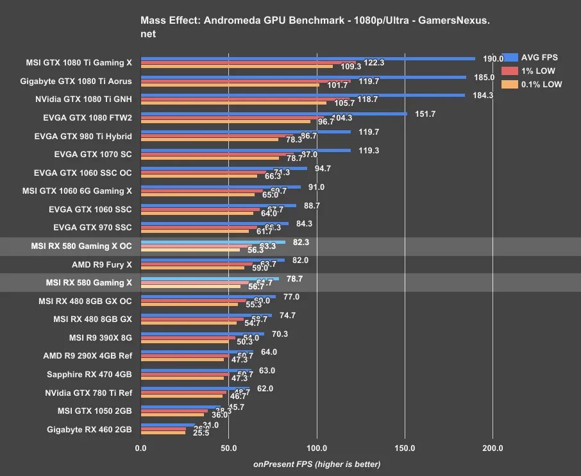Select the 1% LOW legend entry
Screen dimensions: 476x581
click(537, 71)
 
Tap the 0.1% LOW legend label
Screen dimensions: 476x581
click(543, 84)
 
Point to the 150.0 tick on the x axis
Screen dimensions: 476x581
click(405, 448)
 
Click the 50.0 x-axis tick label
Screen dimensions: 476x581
click(229, 448)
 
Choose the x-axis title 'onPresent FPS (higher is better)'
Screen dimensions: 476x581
click(317, 464)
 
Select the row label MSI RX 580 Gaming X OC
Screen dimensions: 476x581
click(81, 246)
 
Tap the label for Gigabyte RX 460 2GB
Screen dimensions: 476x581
click(89, 430)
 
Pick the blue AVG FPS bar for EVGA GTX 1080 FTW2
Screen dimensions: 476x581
click(274, 114)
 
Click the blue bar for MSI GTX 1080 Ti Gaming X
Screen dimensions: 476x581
click(308, 58)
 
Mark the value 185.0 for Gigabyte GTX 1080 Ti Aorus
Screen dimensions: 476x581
click(484, 77)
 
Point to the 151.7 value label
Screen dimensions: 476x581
click(425, 114)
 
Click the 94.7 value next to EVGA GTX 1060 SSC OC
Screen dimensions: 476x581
click(324, 169)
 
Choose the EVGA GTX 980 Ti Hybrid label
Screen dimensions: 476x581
click(83, 136)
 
